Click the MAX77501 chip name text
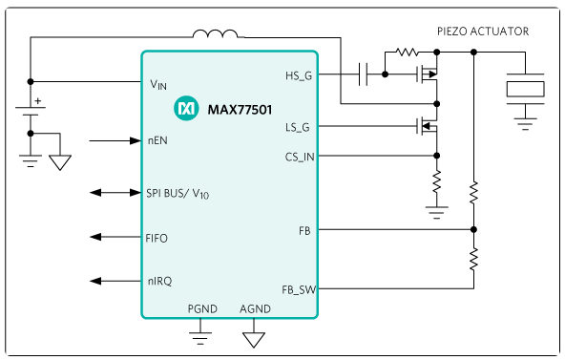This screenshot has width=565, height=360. coord(240,110)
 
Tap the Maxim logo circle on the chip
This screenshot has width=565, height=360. coord(186,108)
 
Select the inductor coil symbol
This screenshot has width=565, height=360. coord(216,33)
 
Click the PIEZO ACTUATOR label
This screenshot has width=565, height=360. coord(483,32)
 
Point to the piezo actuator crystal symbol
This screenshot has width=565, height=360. coord(525,89)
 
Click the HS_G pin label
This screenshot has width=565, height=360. coord(299,75)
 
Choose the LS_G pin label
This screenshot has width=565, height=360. coord(297,127)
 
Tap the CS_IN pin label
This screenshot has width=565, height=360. coord(300,158)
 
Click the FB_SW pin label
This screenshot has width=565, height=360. coord(299,289)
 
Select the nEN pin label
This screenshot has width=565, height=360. coord(157,140)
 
